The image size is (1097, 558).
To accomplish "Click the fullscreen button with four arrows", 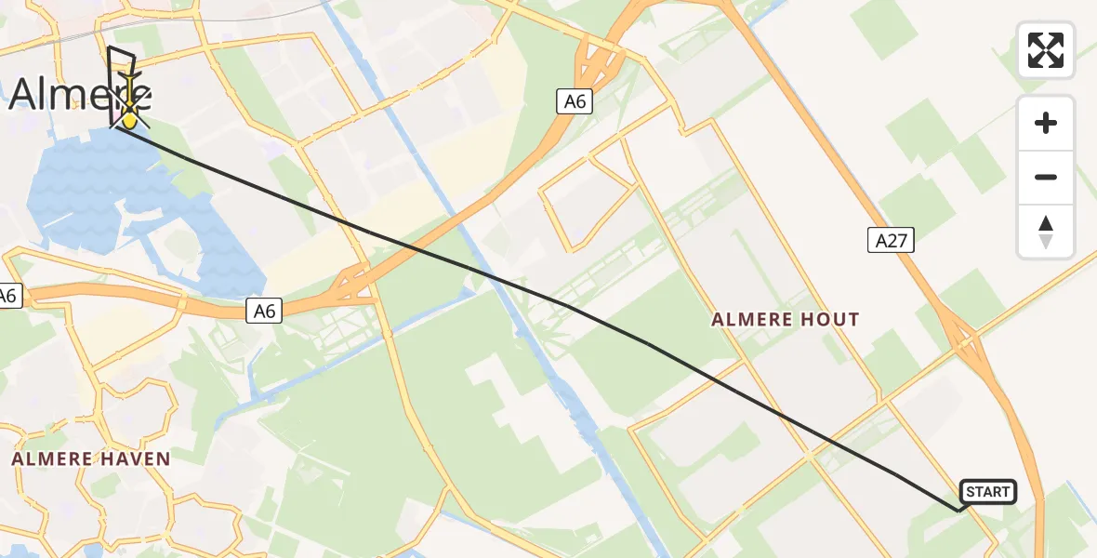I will pyautogui.click(x=1046, y=50).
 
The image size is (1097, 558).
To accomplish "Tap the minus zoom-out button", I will pyautogui.click(x=1046, y=177).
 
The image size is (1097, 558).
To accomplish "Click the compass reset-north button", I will pyautogui.click(x=1046, y=232).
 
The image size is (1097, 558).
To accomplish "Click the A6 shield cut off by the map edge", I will pyautogui.click(x=8, y=297).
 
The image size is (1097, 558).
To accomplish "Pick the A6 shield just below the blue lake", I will pyautogui.click(x=265, y=311).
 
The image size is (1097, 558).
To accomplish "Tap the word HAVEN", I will pyautogui.click(x=132, y=458).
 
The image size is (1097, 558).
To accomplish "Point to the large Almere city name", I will pyautogui.click(x=79, y=95).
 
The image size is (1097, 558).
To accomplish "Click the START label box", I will pyautogui.click(x=987, y=492).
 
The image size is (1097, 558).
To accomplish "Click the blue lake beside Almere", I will pyautogui.click(x=102, y=195).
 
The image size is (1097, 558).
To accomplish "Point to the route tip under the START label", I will pyautogui.click(x=958, y=510).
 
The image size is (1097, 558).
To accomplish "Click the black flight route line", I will pyautogui.click(x=651, y=346).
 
